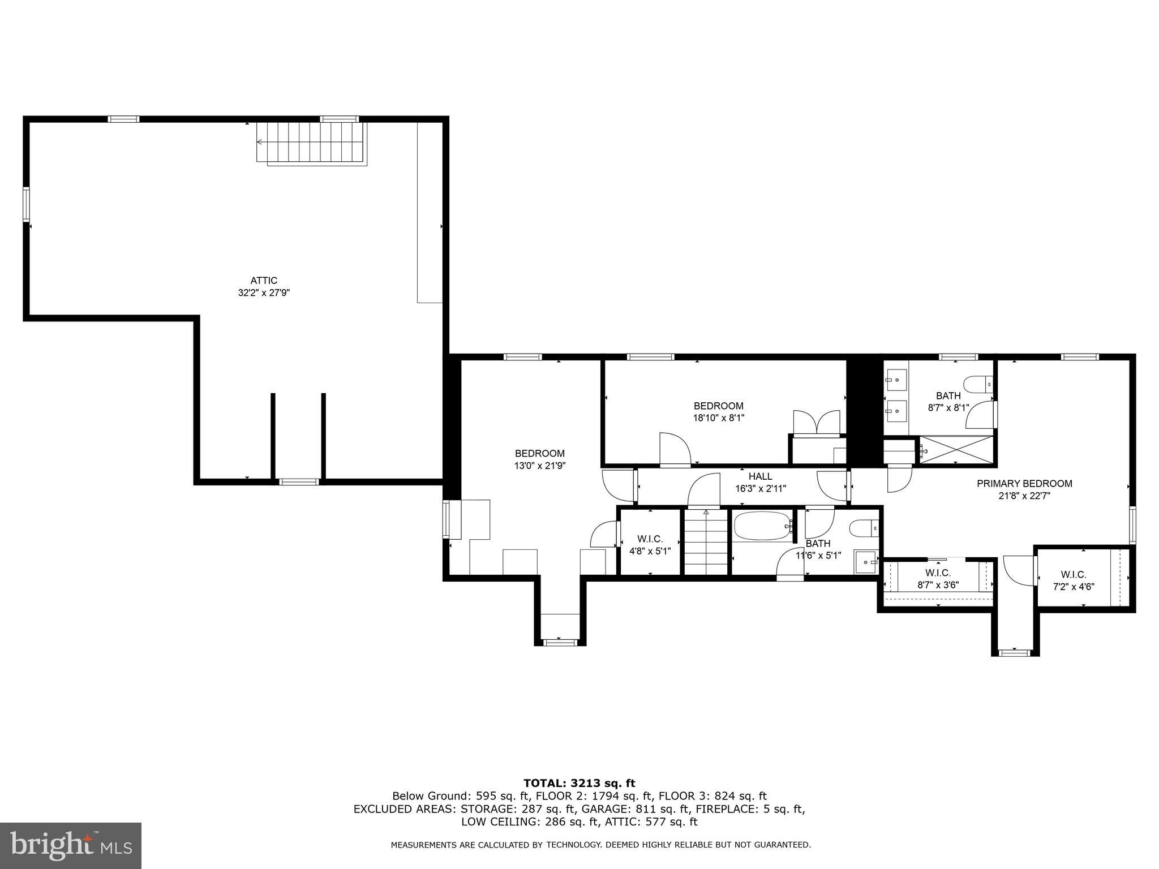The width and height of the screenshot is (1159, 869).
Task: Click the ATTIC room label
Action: tap(264, 281)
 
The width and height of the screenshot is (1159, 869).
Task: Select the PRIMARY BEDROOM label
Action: tap(1024, 484)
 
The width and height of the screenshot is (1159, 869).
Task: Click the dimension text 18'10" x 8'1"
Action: tap(719, 418)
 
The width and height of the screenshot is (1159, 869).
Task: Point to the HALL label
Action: tap(760, 476)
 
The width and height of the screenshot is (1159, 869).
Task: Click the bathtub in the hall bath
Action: tap(762, 526)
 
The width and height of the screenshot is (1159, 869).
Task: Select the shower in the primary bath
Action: tap(956, 450)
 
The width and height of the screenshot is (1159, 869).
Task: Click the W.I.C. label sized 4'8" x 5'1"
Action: tap(650, 539)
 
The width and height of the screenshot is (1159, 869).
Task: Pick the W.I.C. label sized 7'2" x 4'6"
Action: tap(1073, 574)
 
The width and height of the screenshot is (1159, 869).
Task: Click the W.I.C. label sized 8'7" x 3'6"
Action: tap(938, 573)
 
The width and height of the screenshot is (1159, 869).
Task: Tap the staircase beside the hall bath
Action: tap(706, 543)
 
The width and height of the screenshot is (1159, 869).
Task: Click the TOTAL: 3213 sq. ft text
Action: tap(579, 784)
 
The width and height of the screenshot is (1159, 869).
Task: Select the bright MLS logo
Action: tap(70, 845)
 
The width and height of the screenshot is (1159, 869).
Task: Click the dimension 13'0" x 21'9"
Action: tap(540, 466)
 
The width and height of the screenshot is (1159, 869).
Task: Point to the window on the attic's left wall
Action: tap(26, 204)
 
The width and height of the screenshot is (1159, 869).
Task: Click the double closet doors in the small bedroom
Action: tap(817, 423)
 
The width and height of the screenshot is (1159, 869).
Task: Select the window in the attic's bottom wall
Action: tap(299, 482)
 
